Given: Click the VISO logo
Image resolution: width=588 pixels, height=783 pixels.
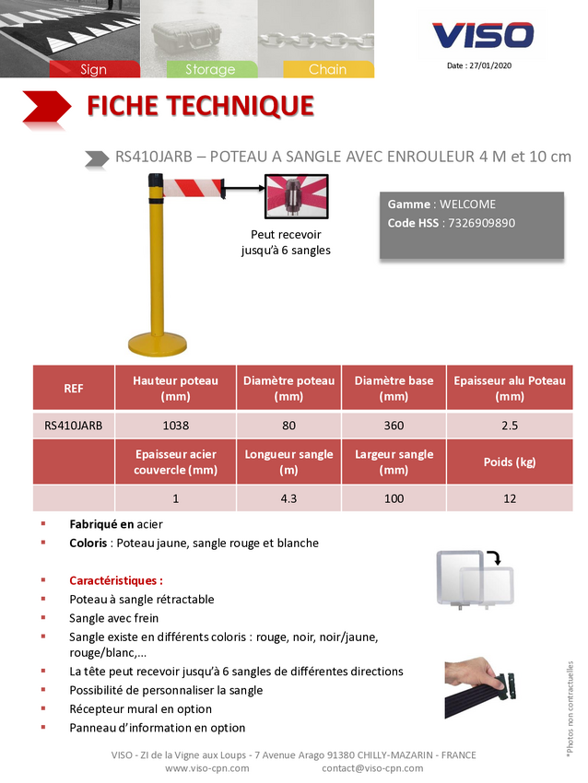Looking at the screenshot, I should tap(483, 36).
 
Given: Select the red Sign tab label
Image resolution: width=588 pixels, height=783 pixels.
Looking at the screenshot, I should tap(93, 69).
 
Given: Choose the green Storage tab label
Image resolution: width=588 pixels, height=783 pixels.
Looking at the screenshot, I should tap(210, 69).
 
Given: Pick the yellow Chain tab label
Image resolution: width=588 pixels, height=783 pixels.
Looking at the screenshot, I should tap(327, 69).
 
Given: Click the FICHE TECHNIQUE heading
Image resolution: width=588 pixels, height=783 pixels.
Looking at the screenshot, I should tap(200, 106).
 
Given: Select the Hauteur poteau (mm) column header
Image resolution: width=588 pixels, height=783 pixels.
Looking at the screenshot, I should tap(175, 388).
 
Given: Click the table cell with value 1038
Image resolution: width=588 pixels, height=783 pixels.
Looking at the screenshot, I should tap(175, 426).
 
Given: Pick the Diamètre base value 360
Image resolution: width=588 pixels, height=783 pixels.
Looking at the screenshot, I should tap(394, 426).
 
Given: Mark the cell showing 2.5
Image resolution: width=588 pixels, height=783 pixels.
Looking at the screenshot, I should tap(510, 426).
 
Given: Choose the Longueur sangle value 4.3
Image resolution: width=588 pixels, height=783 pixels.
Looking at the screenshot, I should tap(288, 498).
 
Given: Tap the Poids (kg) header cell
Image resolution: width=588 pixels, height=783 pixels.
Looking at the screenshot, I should tap(510, 462).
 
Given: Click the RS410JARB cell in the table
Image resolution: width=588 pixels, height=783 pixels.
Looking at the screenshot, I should tap(74, 426).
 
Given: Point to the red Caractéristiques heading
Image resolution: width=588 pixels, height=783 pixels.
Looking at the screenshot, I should tap(116, 580).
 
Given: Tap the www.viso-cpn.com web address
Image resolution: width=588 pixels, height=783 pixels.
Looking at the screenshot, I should tap(206, 768).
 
